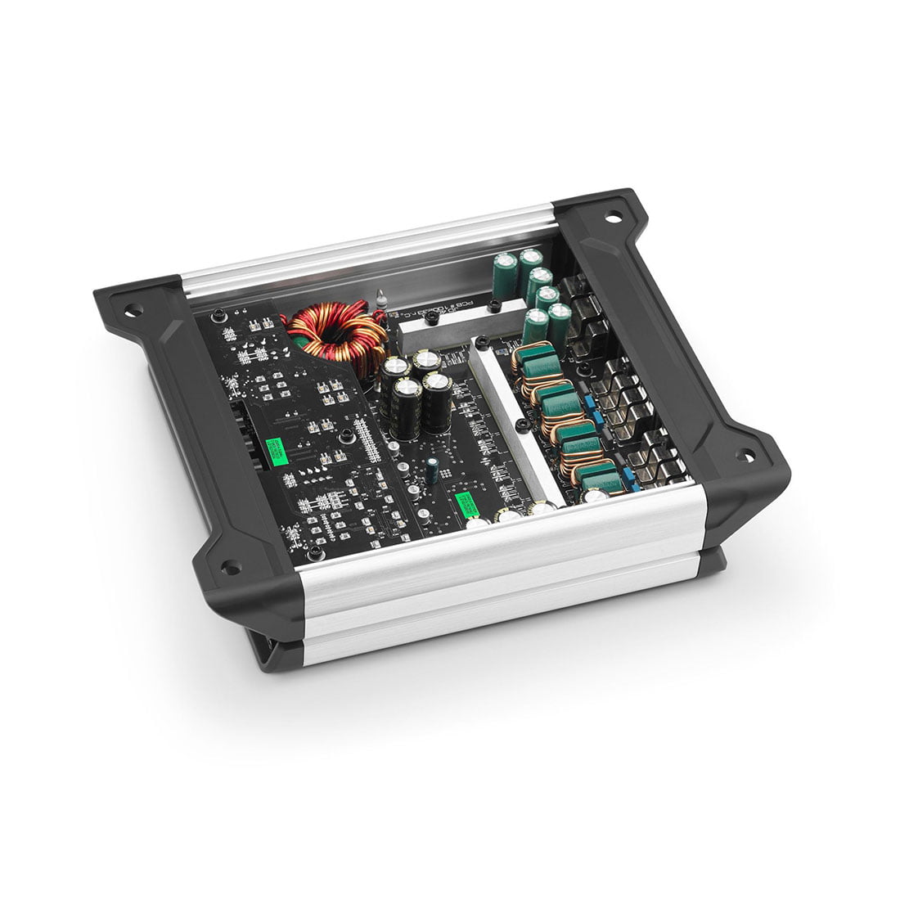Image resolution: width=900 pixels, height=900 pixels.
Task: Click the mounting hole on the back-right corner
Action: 613,218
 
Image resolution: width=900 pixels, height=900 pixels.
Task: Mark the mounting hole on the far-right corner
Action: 745,455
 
